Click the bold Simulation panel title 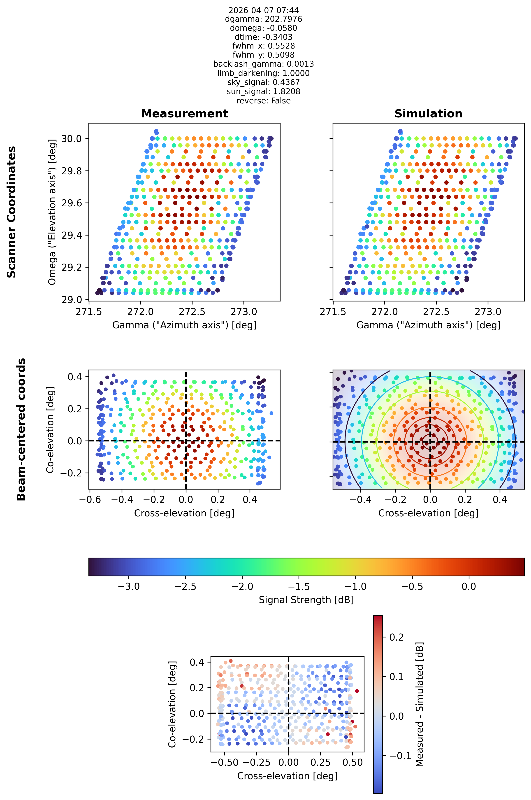tap(428, 114)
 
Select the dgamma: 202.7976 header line tap(263, 19)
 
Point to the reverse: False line tap(263, 101)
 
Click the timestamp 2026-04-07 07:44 tap(263, 10)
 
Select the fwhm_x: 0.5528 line tap(263, 46)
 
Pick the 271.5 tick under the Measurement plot tap(89, 311)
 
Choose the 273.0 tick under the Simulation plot tap(488, 311)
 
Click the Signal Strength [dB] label tap(306, 600)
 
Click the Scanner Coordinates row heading tap(12, 212)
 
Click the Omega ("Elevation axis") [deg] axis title tap(52, 212)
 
